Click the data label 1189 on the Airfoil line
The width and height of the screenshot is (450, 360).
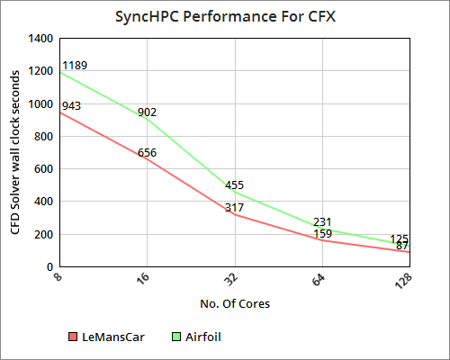(x=74, y=66)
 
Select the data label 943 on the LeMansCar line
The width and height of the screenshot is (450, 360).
(x=70, y=106)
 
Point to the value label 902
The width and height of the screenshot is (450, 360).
(x=148, y=112)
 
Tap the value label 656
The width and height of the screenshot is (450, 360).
(x=148, y=153)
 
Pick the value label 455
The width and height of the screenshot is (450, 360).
(x=234, y=185)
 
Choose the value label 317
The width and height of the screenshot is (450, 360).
(x=234, y=208)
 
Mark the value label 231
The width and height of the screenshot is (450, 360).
(x=322, y=222)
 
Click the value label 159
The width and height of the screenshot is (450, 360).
(x=322, y=234)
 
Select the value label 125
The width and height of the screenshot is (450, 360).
(x=400, y=239)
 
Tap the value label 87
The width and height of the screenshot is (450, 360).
(x=402, y=246)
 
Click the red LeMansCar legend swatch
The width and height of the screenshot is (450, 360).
(x=73, y=337)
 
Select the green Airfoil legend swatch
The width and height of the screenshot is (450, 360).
(x=176, y=337)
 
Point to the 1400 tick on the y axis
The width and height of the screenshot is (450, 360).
(x=42, y=39)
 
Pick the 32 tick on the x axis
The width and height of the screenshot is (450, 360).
(x=231, y=279)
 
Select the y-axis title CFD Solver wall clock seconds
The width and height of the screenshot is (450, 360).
(x=15, y=153)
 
